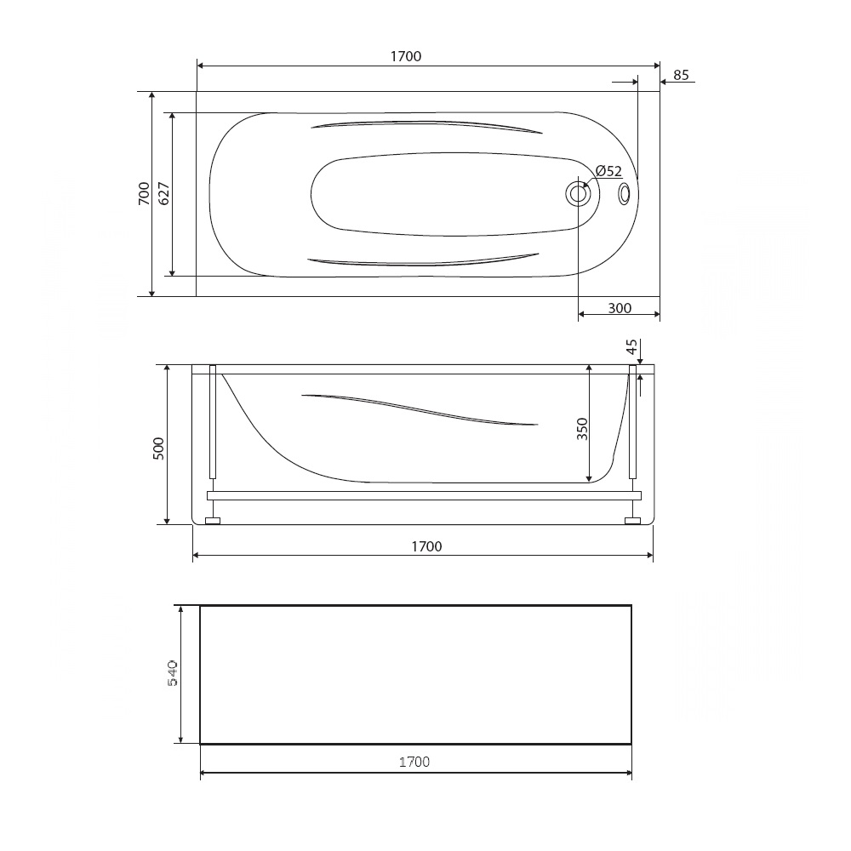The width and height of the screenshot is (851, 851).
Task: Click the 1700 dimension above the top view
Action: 406,56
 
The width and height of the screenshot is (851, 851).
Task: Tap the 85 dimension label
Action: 681,75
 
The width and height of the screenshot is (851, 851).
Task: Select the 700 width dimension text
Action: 144,193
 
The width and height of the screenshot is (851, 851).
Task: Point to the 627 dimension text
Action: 163,194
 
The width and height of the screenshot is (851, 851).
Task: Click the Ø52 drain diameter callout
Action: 608,171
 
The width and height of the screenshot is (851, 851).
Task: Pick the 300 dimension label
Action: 620,308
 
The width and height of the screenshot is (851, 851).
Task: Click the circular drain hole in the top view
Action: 578,194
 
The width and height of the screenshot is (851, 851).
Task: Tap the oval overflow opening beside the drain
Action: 624,194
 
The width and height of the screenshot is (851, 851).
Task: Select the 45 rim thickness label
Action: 631,347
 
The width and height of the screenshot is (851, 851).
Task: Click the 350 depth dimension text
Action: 582,429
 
